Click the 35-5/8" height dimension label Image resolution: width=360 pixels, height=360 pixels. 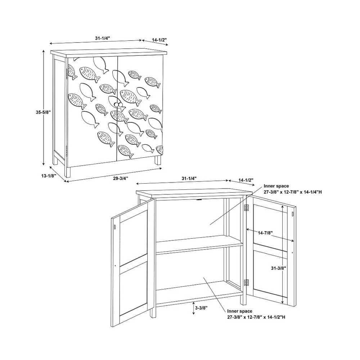coord(43,112)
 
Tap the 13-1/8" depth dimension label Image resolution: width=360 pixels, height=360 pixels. coord(49,176)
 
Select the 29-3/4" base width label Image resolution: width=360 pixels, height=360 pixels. coord(121,178)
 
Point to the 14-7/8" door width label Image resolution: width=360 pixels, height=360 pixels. coord(265,233)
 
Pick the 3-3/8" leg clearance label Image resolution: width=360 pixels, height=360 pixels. coord(201,308)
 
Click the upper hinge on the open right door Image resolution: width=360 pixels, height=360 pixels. coord(246,208)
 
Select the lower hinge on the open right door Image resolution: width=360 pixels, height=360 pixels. coord(246,283)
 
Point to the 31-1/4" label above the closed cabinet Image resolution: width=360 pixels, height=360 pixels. coord(103,39)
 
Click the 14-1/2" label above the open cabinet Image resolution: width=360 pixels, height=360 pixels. coord(246,180)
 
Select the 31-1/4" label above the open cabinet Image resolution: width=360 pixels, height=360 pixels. coord(189,179)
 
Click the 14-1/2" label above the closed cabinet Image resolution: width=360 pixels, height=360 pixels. coord(159,40)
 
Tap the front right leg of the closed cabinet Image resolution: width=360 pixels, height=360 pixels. coord(158,160)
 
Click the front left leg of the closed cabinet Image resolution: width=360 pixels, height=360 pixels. coord(68,172)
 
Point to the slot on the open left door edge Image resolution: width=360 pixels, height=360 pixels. coord(115,227)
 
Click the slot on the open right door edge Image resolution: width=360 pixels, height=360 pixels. coord(293,214)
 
